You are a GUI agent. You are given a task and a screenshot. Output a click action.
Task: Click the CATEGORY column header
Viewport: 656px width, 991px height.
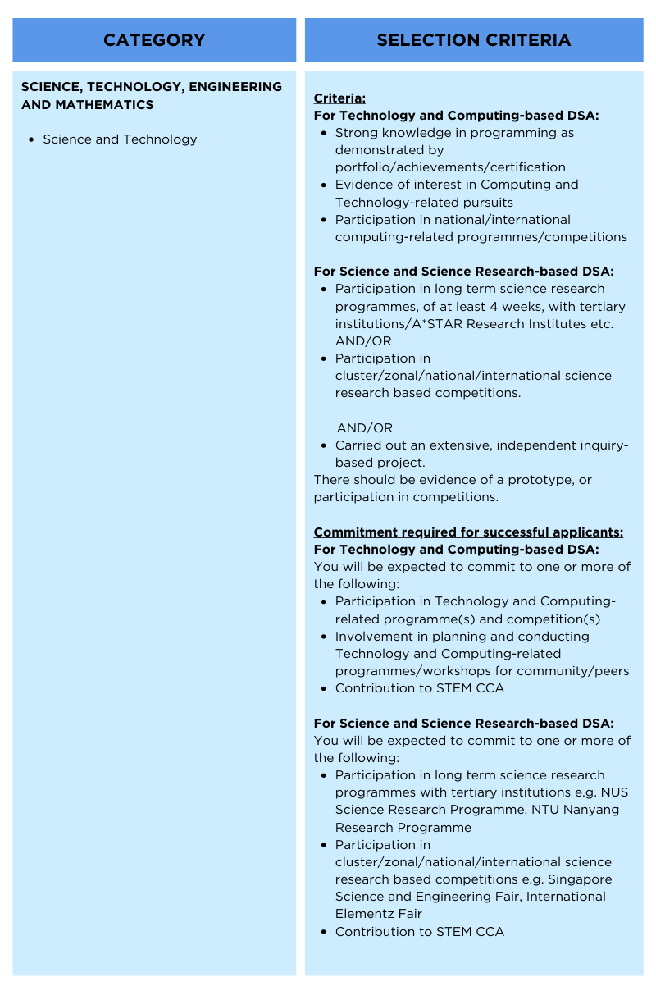[x=154, y=40]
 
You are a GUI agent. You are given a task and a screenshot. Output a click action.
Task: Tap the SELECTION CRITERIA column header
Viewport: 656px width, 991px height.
[x=474, y=40]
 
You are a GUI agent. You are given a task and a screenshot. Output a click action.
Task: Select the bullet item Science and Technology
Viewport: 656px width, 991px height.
[x=120, y=139]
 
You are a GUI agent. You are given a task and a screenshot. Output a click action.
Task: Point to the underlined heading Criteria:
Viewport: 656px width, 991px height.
[x=339, y=98]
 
